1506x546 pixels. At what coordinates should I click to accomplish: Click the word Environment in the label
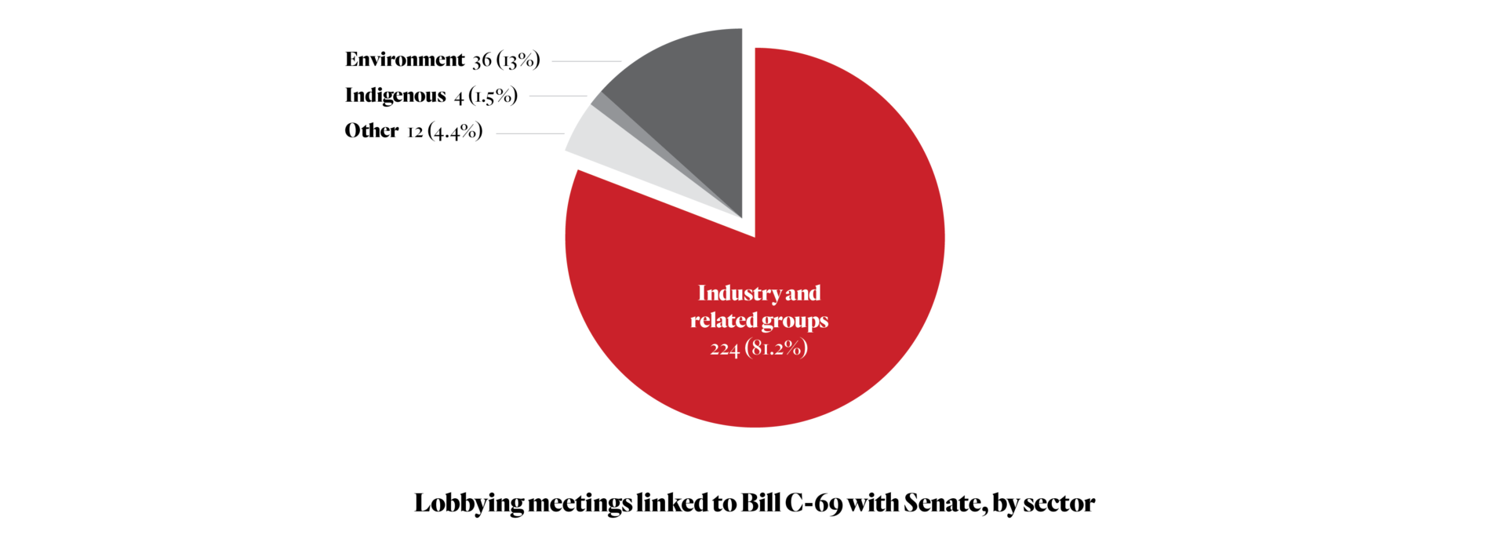point(405,60)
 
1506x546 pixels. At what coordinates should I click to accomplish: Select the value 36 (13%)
point(506,60)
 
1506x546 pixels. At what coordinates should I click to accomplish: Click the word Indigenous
point(395,96)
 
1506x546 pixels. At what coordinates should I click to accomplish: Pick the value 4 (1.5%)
point(486,96)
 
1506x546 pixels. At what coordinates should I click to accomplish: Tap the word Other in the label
point(372,131)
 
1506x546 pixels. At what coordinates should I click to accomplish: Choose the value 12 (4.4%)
point(444,132)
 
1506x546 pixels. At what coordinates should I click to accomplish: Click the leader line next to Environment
point(586,61)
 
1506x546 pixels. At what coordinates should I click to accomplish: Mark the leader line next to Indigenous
point(558,96)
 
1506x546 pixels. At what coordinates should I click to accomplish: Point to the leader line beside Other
point(529,133)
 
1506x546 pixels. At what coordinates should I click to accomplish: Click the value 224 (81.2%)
point(758,348)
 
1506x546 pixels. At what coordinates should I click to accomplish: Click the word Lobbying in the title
point(467,504)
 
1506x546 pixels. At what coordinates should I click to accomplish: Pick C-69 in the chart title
point(813,503)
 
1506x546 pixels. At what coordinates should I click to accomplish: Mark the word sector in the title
point(1059,504)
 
